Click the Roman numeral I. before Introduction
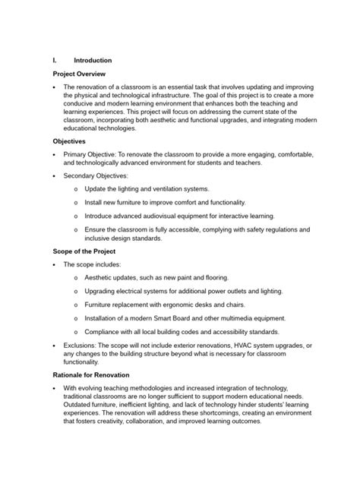pos(55,61)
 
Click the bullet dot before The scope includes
pos(55,265)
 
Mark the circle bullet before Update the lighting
pos(76,188)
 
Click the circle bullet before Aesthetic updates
pos(76,278)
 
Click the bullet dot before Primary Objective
pos(55,155)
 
